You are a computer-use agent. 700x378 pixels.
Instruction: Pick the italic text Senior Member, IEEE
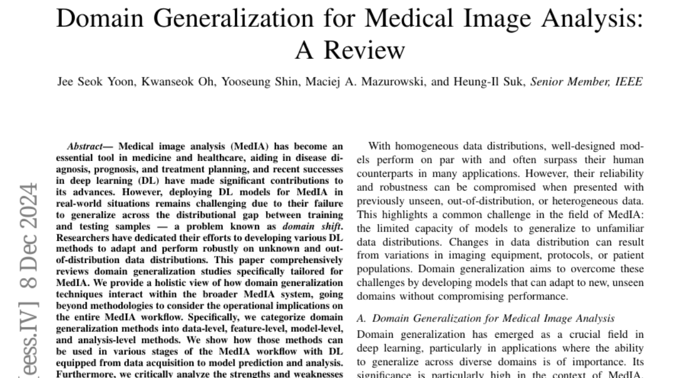point(586,82)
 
